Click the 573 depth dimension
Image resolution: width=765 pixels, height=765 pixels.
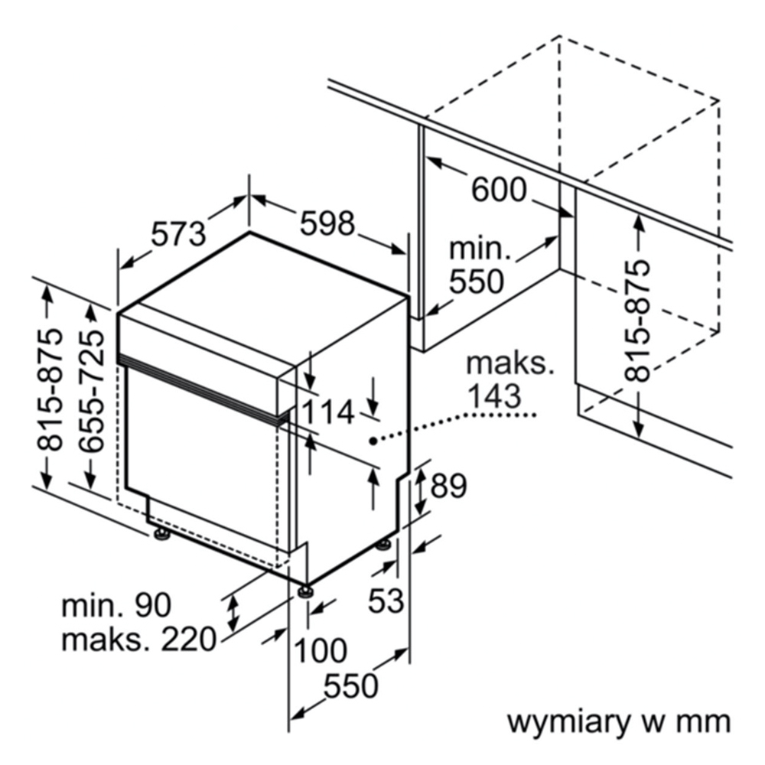[178, 234]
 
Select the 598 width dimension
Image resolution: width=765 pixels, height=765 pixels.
[327, 224]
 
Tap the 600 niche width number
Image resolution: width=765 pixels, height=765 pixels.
[499, 190]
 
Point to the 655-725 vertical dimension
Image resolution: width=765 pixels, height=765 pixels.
[91, 391]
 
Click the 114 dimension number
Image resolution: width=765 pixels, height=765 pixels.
[328, 412]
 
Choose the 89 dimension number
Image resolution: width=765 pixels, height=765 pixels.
[448, 486]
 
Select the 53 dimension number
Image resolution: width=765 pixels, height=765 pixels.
[386, 600]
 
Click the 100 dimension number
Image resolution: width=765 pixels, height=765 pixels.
[321, 651]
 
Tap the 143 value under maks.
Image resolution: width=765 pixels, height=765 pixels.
[494, 396]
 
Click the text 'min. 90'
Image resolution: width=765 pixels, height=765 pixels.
[116, 605]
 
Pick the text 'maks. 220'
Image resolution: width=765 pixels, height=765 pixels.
[138, 639]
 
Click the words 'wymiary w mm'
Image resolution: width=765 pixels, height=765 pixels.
[619, 722]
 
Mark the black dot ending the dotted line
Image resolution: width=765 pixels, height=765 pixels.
[373, 441]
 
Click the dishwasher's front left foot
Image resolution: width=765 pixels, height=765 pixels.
[161, 535]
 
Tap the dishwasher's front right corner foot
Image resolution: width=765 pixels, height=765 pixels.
[307, 591]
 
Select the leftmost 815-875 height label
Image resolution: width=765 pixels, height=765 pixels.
[50, 390]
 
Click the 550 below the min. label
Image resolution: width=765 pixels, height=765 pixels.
[476, 282]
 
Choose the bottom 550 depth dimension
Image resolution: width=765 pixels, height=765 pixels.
[351, 686]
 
